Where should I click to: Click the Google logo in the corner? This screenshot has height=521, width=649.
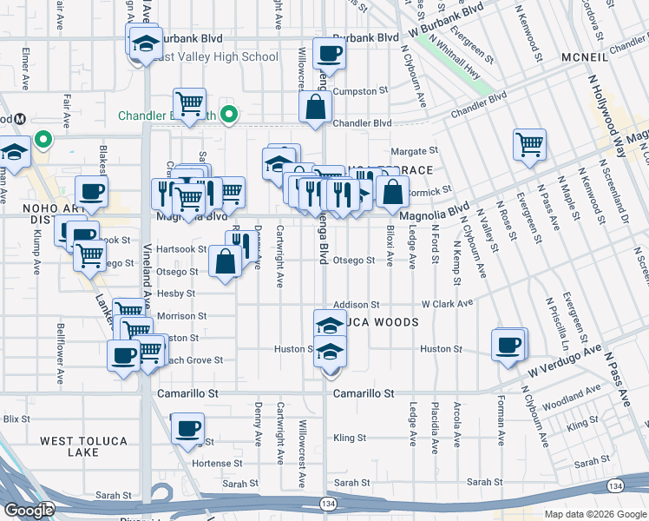29,510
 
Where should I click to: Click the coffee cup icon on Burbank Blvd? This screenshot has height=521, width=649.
329,55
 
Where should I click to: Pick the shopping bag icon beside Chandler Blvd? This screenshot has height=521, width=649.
315,109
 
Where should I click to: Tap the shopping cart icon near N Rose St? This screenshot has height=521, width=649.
528,144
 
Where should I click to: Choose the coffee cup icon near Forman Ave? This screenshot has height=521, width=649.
508,345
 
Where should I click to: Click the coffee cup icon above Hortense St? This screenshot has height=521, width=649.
187,429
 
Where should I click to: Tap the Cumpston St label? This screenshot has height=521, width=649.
362,91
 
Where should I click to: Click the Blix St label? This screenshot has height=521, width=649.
16,419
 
